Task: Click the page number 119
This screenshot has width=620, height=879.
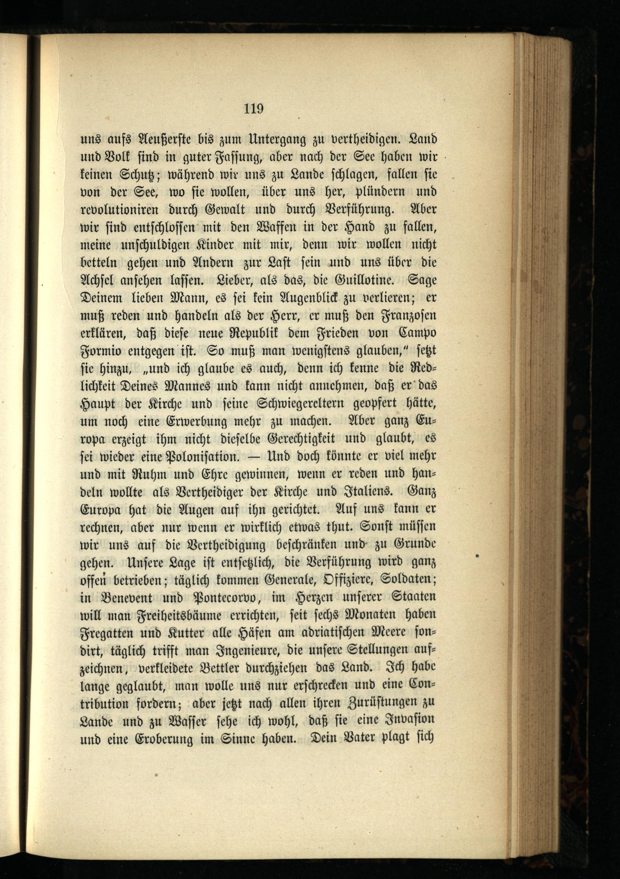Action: [254, 109]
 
